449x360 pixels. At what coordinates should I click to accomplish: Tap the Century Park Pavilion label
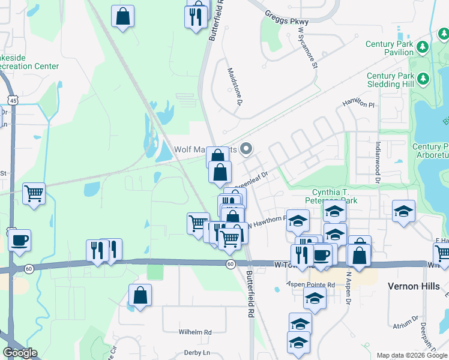tap(389, 48)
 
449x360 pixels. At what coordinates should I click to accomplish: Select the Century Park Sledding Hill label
tap(390, 80)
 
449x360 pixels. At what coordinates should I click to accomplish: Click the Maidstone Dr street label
tap(234, 87)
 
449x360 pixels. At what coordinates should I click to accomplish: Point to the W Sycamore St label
tap(307, 44)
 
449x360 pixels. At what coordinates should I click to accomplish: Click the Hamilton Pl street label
tap(358, 103)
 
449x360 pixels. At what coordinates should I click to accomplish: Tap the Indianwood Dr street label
tap(378, 162)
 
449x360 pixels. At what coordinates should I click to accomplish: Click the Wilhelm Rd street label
tap(195, 332)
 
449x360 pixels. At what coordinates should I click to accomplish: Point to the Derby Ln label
tap(197, 352)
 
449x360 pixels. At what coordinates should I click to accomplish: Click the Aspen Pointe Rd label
tap(310, 283)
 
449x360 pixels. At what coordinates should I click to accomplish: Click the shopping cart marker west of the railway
tap(34, 193)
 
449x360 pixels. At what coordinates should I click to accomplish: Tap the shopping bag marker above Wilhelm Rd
tap(140, 295)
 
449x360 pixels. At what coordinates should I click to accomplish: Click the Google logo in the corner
tap(20, 352)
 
